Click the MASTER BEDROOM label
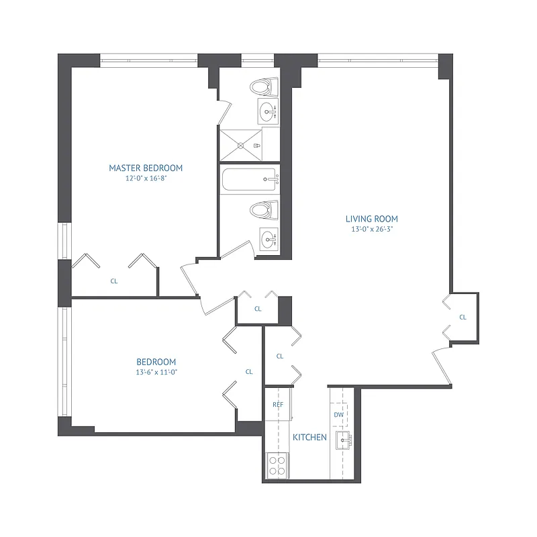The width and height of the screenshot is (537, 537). click(146, 168)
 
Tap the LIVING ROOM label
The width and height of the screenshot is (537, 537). click(372, 219)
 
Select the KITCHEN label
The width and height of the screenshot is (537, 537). click(309, 438)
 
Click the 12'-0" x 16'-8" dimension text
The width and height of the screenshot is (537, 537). click(146, 179)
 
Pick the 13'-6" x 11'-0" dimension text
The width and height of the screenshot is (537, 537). click(156, 372)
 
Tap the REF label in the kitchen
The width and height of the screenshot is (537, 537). click(278, 405)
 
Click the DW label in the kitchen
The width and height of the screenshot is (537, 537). click(339, 415)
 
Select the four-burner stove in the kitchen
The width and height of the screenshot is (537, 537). click(277, 465)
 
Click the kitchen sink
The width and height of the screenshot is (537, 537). click(342, 441)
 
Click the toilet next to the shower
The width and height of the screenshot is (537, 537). click(264, 87)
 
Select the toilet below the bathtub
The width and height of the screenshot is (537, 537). click(264, 209)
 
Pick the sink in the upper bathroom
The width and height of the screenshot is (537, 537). click(268, 111)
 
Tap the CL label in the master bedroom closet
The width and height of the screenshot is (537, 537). click(114, 282)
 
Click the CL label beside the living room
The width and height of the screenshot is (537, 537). click(462, 317)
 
